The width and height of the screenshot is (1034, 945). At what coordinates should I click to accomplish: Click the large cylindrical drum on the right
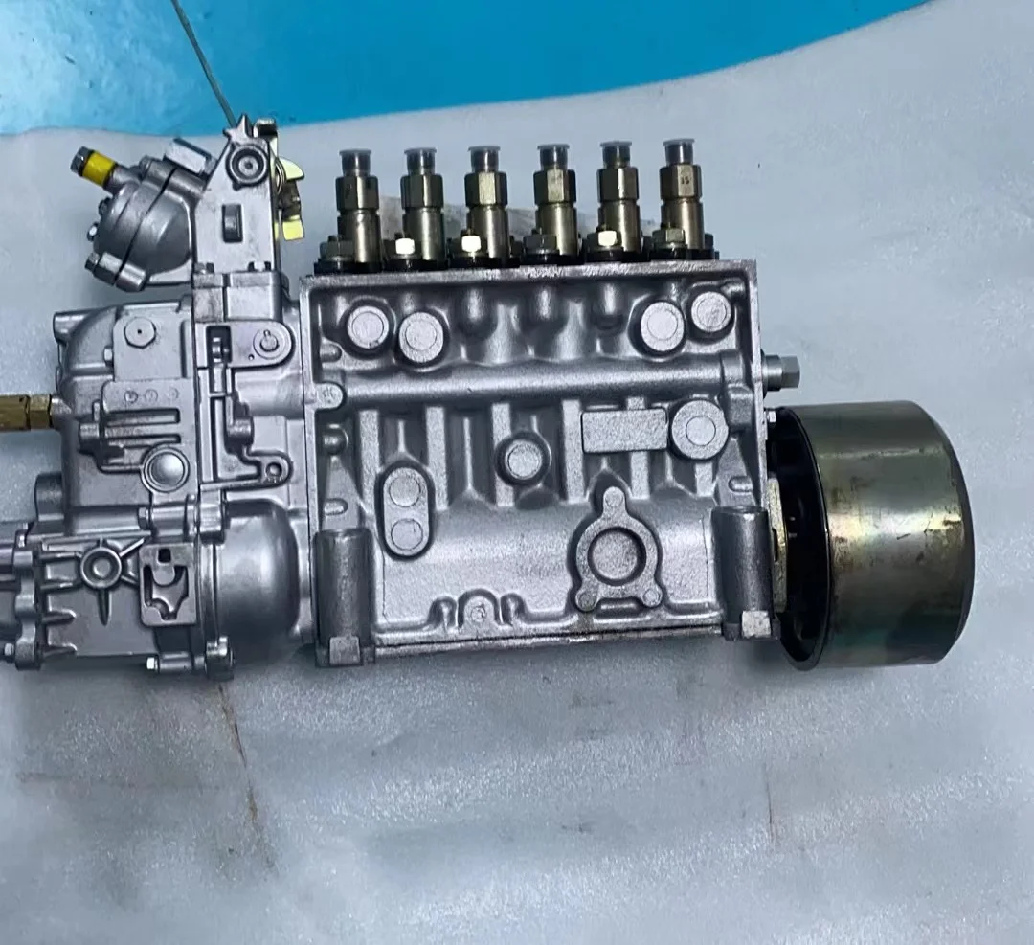[876, 532]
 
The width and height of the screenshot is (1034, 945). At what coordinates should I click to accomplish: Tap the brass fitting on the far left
[29, 411]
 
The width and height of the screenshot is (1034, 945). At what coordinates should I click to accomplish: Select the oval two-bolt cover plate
[405, 509]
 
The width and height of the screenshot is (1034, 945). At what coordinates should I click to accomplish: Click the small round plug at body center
[523, 458]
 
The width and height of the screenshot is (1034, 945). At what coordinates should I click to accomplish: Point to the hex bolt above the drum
[782, 370]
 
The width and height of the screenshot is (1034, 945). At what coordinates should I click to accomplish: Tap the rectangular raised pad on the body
[623, 430]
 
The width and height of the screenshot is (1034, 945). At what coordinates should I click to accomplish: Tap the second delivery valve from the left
[421, 200]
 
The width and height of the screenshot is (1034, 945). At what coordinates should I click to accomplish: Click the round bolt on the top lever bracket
[249, 165]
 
